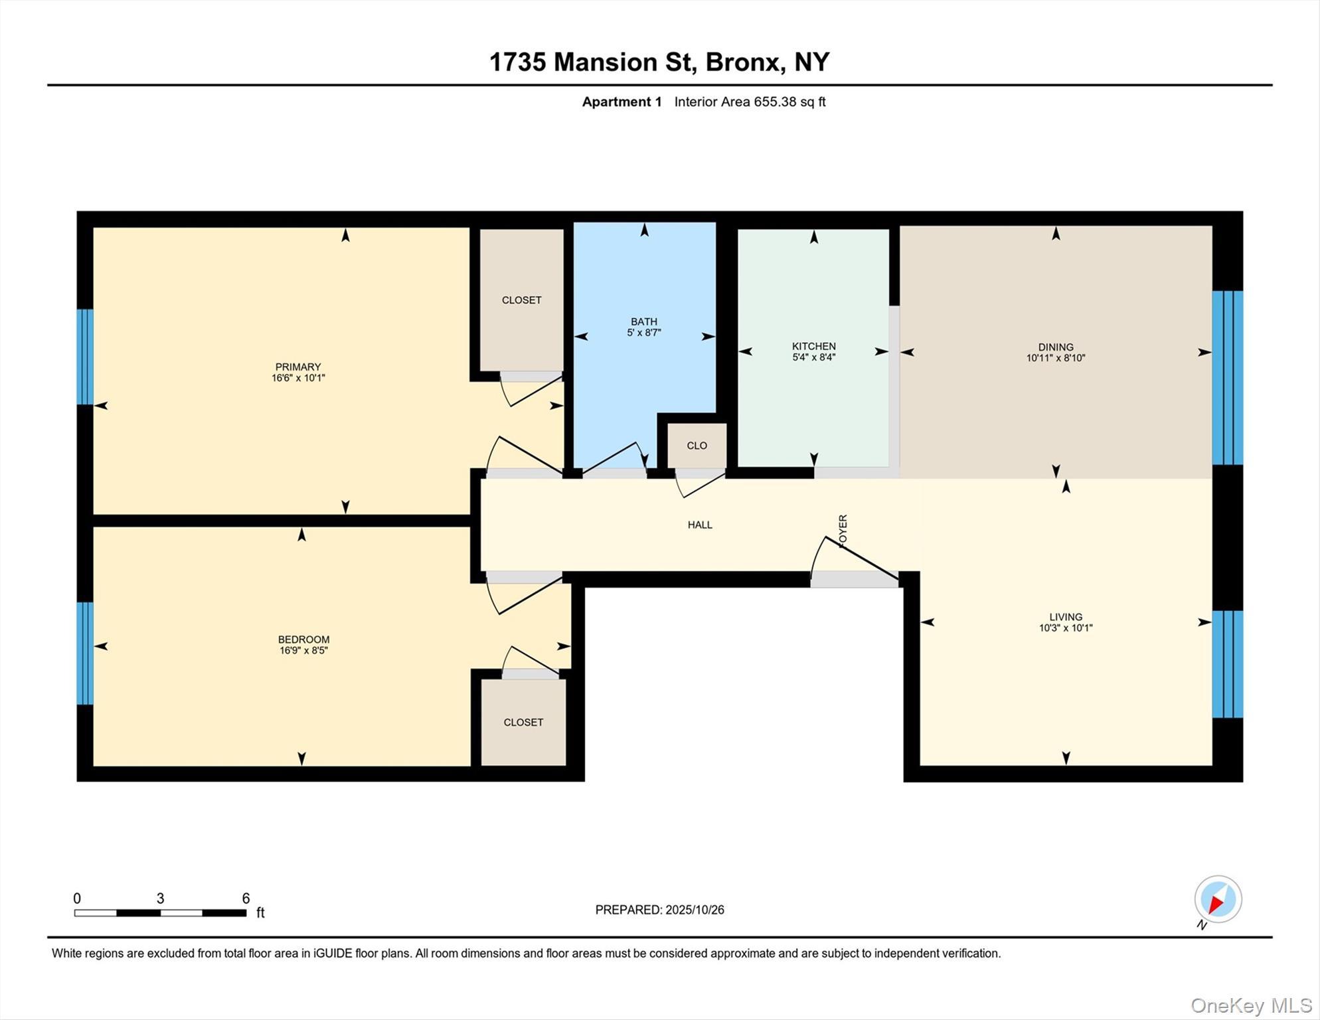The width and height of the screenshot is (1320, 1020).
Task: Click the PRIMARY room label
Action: coord(298,367)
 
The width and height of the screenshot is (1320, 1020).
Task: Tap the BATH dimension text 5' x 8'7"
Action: coord(643,333)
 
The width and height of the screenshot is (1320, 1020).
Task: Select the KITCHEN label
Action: coord(813,346)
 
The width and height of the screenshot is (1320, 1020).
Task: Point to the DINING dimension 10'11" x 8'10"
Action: coord(1055,358)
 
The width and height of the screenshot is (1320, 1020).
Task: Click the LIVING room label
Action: coord(1065,616)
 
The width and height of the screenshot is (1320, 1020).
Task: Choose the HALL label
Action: coord(700,525)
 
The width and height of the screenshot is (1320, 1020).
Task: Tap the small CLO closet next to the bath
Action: coord(697,446)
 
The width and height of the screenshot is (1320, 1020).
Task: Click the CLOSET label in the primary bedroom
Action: coord(521,300)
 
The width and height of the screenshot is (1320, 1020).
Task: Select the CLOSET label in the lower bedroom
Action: coord(523,722)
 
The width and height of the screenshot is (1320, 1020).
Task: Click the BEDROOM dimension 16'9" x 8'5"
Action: coord(303,651)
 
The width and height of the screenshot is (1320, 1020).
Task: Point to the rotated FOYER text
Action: coord(843,531)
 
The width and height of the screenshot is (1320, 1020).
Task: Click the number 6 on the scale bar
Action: coord(246,898)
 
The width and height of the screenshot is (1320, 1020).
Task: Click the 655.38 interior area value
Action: coord(774,102)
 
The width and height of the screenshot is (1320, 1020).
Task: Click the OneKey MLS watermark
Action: coord(1251,1005)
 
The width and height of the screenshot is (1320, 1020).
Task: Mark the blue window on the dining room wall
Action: coord(1227,377)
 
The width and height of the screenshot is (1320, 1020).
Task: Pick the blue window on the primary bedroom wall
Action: coord(85,357)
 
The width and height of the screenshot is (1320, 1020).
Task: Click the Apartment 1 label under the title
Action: coord(621,102)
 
